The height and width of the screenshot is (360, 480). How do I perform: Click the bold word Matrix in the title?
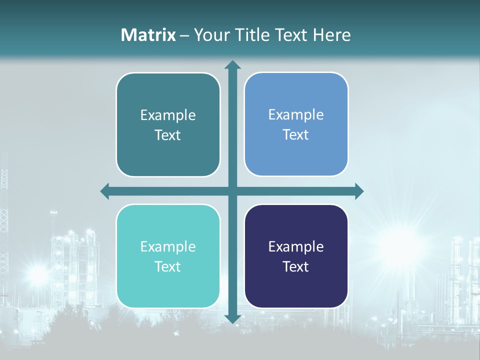point(148,35)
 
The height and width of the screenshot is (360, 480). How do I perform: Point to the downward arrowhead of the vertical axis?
point(232,318)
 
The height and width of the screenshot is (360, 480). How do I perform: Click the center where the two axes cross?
point(232,191)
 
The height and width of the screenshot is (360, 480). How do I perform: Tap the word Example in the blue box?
point(296,115)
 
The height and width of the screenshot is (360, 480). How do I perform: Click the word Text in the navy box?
point(296,267)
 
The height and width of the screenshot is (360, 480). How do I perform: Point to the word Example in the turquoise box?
point(168,246)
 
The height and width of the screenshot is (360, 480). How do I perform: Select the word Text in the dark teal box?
point(168,135)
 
